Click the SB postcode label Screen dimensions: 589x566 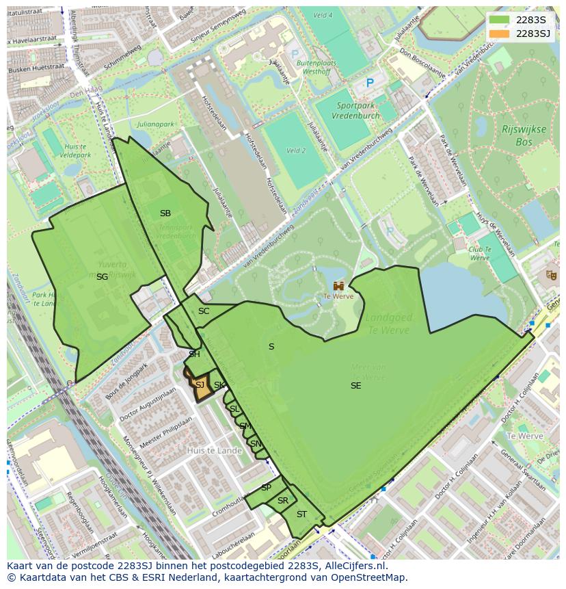pyautogui.click(x=165, y=213)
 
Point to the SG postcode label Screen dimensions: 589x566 pyautogui.click(x=102, y=277)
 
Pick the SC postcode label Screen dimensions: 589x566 pyautogui.click(x=204, y=311)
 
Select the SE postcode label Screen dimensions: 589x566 pyautogui.click(x=355, y=386)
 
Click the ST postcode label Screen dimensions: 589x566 pyautogui.click(x=301, y=514)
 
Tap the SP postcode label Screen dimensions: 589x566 pyautogui.click(x=266, y=488)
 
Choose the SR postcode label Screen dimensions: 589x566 pyautogui.click(x=282, y=501)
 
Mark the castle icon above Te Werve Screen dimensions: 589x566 pyautogui.click(x=338, y=285)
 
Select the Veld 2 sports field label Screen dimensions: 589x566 pyautogui.click(x=295, y=150)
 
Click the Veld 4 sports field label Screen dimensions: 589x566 pyautogui.click(x=322, y=15)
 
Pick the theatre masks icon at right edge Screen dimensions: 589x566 pyautogui.click(x=551, y=275)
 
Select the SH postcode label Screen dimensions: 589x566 pyautogui.click(x=194, y=354)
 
